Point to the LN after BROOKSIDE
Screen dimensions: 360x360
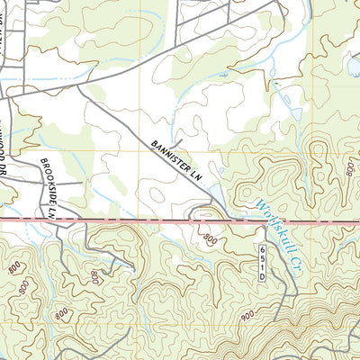click(x=51, y=213)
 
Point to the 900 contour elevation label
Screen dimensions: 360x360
click(x=249, y=318)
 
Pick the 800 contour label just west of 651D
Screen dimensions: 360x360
click(x=210, y=238)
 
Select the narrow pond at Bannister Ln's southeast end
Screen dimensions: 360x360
click(x=217, y=192)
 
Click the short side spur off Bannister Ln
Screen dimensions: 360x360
click(x=179, y=141)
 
